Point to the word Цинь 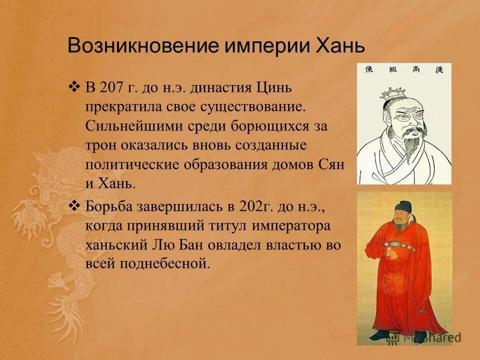[273, 88]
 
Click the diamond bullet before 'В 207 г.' [74, 87]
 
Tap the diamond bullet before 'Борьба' [74, 205]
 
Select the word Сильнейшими [131, 125]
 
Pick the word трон [100, 145]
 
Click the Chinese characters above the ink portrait [404, 69]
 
